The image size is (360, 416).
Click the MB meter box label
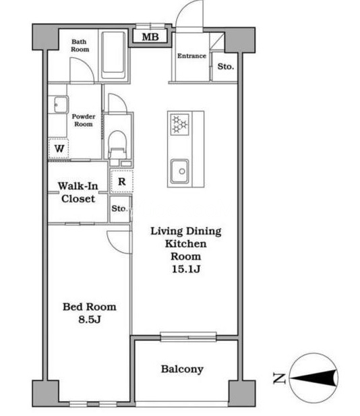150,37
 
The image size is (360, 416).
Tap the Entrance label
191,56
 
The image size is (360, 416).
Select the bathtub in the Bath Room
113,55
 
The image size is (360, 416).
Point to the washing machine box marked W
59,148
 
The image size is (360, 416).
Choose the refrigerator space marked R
122,181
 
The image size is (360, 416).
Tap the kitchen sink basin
179,171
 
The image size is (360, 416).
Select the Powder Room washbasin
61,105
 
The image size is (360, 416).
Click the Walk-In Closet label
78,192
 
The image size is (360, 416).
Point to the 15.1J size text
186,269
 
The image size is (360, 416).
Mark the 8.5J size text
90,320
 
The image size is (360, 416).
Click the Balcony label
182,369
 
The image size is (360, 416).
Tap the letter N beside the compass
279,378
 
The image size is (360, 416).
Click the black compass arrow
313,378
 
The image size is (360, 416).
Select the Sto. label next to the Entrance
226,66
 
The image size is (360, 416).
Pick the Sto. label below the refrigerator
119,208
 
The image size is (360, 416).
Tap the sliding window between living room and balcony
188,336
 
